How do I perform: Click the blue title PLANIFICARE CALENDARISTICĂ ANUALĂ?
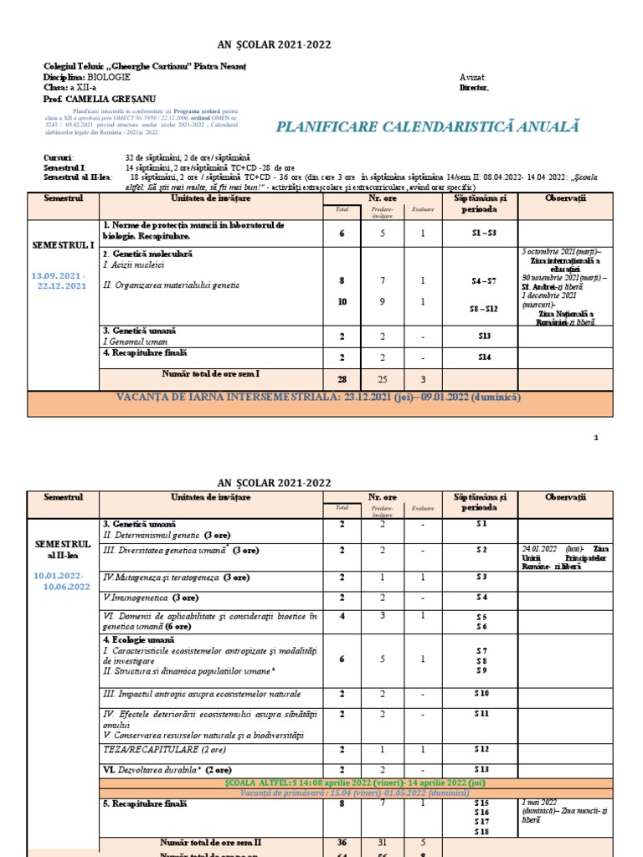pos(428,127)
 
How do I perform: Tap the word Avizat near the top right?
pos(472,76)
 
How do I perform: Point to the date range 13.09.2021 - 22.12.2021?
pos(59,280)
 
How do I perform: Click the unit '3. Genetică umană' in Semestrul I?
pos(139,331)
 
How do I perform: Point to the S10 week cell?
pos(481,694)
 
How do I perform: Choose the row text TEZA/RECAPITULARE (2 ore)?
pos(164,749)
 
